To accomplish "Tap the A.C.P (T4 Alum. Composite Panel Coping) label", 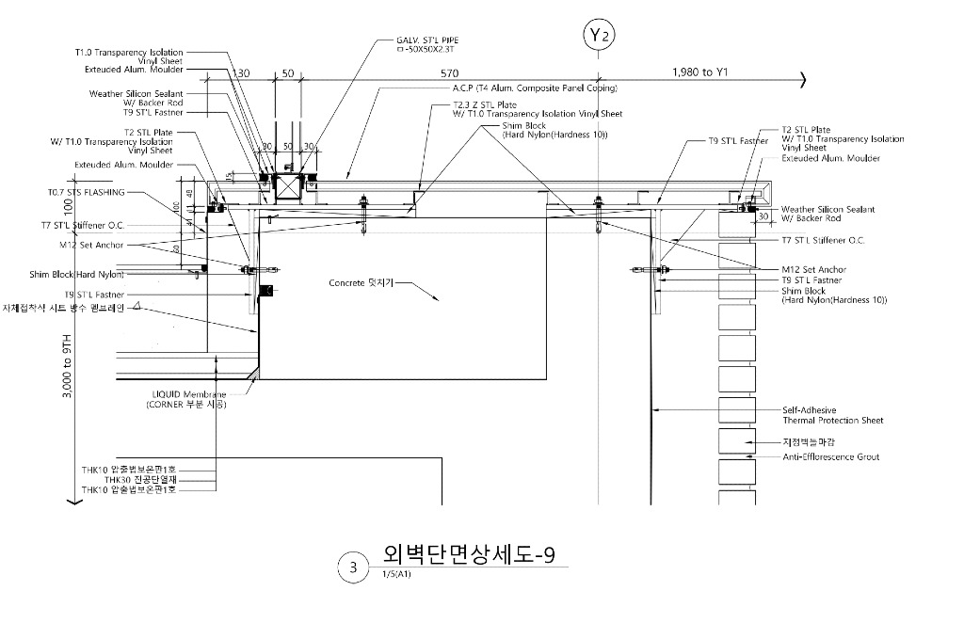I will [x=534, y=88].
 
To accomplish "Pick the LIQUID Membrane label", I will [x=190, y=394].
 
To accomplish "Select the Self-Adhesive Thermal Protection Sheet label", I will [x=832, y=415].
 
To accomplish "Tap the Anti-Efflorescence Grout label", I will [x=830, y=457].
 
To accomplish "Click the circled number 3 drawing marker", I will [x=353, y=567].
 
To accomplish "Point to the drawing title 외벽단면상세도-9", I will [x=469, y=553].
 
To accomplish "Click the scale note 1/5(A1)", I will [x=396, y=574].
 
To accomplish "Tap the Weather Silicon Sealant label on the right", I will [x=827, y=214].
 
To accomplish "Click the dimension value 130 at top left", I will [x=242, y=72].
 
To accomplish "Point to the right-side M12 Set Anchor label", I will [x=813, y=270].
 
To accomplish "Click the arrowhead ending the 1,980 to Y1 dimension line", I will [x=802, y=81].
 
